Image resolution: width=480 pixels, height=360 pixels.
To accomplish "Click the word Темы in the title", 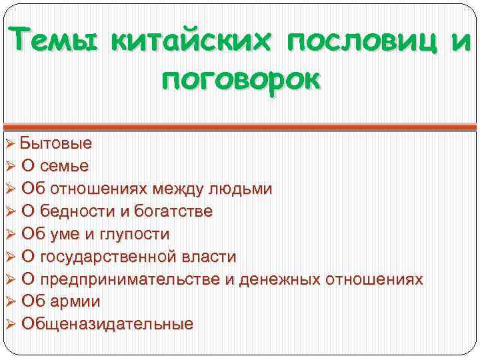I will (x=52, y=41).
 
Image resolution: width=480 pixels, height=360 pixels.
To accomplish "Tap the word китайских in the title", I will (x=189, y=41).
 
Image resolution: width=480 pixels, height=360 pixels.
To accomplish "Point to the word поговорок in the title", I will (x=240, y=81).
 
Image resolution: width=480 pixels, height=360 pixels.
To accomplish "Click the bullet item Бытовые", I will (x=56, y=143).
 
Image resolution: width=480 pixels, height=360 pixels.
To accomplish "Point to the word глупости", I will (x=135, y=234).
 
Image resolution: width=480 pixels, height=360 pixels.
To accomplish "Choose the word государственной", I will (x=109, y=257).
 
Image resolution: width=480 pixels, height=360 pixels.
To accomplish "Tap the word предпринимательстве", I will (x=130, y=279).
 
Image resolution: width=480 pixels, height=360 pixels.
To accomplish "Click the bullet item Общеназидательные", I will (x=107, y=324).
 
